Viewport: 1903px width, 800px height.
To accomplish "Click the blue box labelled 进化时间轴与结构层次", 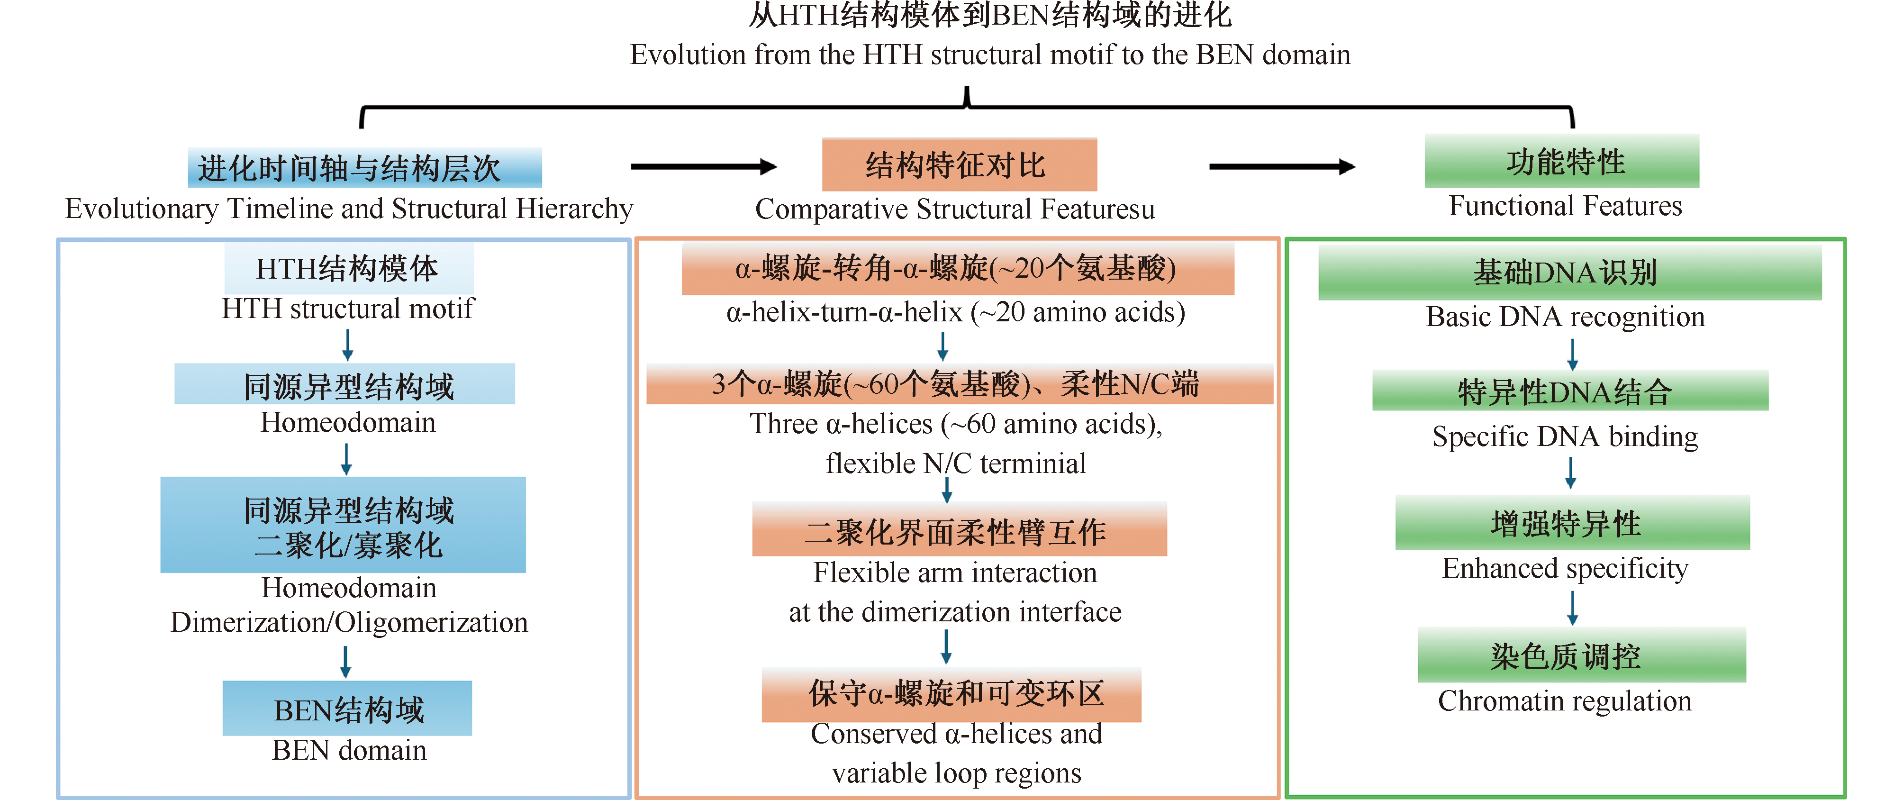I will pyautogui.click(x=364, y=168).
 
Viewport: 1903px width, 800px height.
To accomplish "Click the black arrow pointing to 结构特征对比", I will pyautogui.click(x=703, y=167).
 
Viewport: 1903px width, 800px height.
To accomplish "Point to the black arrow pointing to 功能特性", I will pyautogui.click(x=1282, y=167).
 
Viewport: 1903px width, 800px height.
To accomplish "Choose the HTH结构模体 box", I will pyautogui.click(x=349, y=269).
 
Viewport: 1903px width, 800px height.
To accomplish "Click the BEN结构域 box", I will pyautogui.click(x=347, y=709).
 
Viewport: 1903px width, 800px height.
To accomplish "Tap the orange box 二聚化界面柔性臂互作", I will pyautogui.click(x=959, y=530).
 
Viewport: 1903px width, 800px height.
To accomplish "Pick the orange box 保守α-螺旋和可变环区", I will pyautogui.click(x=951, y=694).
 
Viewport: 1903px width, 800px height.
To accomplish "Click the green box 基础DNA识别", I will pyautogui.click(x=1569, y=273).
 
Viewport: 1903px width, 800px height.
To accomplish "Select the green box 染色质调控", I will pyautogui.click(x=1581, y=655).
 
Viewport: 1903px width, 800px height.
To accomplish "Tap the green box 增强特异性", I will pyautogui.click(x=1572, y=523).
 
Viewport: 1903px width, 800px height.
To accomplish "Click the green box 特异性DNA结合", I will pyautogui.click(x=1570, y=391).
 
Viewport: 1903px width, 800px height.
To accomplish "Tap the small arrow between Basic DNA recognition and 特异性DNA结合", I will pyautogui.click(x=1572, y=354).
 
